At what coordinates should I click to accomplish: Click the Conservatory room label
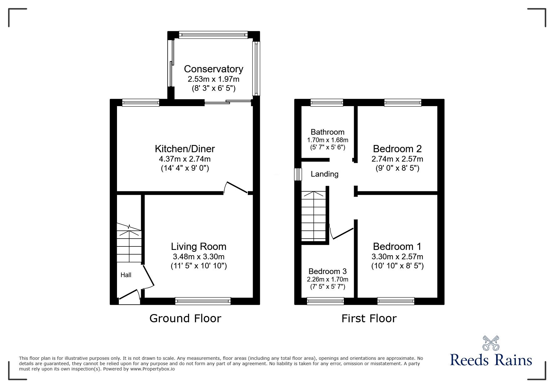pos(213,69)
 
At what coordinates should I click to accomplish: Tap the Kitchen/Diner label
pos(185,148)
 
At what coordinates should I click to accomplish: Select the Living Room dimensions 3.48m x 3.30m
pos(199,257)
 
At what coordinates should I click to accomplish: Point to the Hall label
pos(126,275)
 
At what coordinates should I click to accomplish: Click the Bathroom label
pos(328,132)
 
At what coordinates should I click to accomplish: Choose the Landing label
pos(324,174)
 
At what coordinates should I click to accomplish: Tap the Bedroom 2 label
pos(397,148)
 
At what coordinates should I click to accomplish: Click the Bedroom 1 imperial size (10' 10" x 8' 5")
pos(397,266)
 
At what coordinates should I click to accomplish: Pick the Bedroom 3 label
pos(328,271)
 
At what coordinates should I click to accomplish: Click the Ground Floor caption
pos(185,318)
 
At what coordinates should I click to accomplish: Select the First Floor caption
pos(369,318)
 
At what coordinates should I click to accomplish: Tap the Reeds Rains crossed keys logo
pos(491,343)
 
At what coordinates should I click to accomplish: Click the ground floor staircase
pos(129,243)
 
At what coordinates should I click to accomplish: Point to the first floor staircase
pos(313,216)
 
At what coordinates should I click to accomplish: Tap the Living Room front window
pos(203,301)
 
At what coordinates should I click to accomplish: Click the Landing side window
pos(298,174)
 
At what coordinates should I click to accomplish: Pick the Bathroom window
pos(327,102)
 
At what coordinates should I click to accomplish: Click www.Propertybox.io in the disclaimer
pos(152,369)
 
